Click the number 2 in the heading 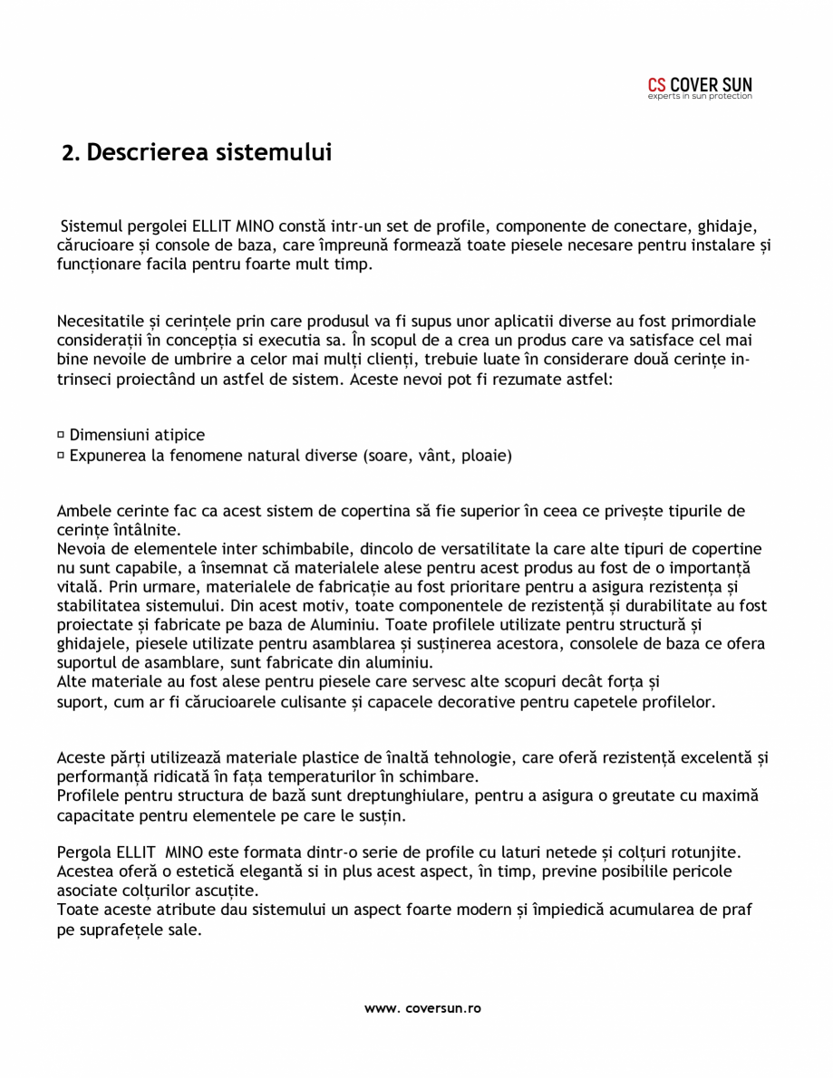[x=68, y=153]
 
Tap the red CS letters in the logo [x=657, y=86]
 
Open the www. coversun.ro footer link [x=422, y=1008]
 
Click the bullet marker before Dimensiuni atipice [x=61, y=436]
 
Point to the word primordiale [x=712, y=322]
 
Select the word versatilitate [x=489, y=549]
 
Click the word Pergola [x=83, y=853]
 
